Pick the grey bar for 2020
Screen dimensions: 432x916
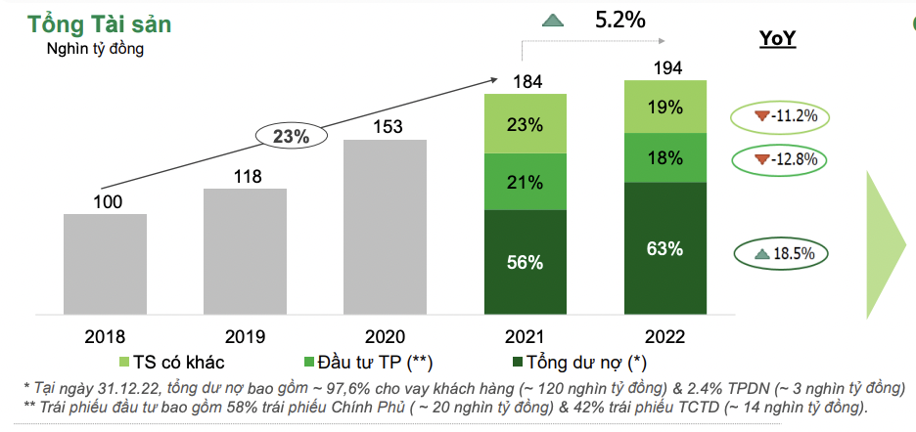385,229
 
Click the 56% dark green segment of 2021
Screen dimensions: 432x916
526,263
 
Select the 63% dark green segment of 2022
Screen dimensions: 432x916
665,250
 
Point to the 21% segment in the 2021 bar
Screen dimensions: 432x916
526,182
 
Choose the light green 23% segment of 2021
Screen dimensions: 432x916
526,124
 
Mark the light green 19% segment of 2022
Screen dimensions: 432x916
665,108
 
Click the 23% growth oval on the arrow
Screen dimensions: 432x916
291,137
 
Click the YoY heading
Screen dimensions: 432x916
778,38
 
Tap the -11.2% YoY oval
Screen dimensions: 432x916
779,116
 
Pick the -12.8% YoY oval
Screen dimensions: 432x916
779,159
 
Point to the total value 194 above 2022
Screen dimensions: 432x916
665,67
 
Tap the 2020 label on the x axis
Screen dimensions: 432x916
385,337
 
